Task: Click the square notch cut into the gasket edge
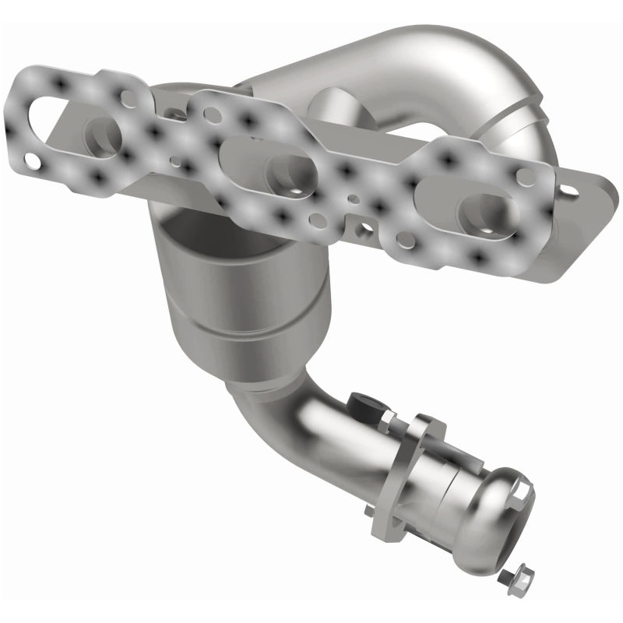pyautogui.click(x=363, y=233)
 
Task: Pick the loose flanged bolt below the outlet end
pyautogui.click(x=507, y=577)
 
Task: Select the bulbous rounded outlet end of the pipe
pyautogui.click(x=498, y=506)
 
